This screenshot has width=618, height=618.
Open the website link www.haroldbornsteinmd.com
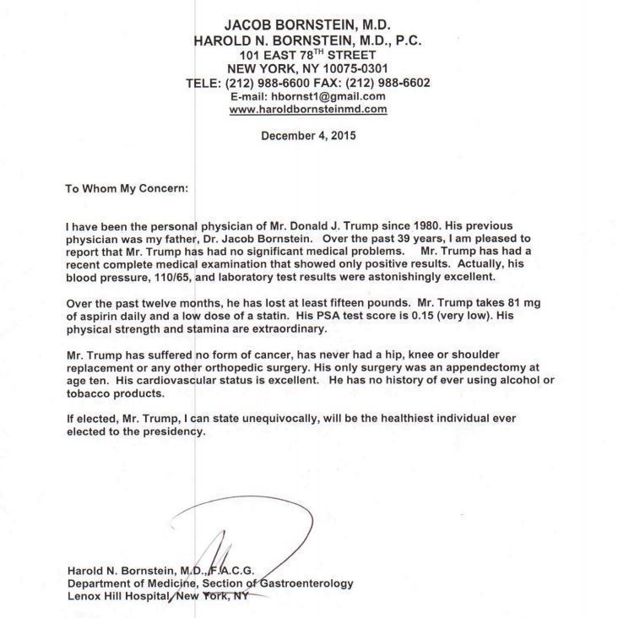click(x=308, y=109)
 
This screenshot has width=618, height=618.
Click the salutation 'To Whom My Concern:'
click(x=127, y=188)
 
